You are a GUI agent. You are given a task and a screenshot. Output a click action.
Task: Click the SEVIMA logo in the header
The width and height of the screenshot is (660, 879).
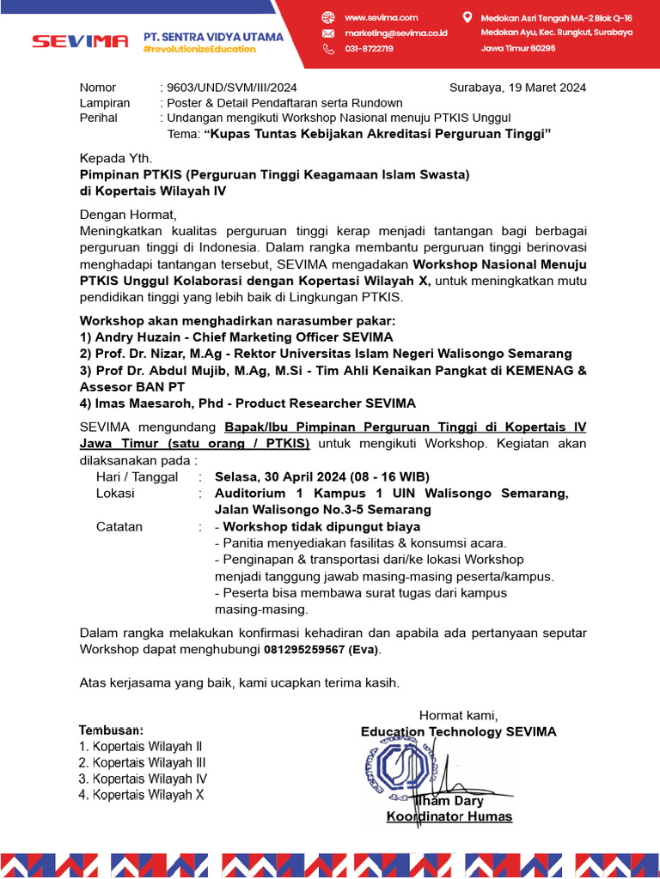(x=80, y=41)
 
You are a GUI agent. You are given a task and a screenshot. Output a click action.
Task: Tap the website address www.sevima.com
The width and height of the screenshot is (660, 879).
(x=381, y=17)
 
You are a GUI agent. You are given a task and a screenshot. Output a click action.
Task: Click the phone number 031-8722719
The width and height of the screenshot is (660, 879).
(x=369, y=49)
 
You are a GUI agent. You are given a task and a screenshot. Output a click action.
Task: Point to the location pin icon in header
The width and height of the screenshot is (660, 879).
(x=467, y=17)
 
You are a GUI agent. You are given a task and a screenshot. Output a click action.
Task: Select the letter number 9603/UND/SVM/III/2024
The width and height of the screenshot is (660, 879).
(x=232, y=88)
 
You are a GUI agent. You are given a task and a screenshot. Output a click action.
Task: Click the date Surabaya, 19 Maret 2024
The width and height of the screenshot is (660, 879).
(x=517, y=88)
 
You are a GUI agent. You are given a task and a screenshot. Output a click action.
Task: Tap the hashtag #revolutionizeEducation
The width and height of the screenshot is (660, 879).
(x=199, y=49)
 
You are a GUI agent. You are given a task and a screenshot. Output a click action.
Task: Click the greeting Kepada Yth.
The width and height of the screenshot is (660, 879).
(x=115, y=158)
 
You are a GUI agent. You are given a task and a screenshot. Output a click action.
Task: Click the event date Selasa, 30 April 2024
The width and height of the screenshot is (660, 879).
(x=282, y=476)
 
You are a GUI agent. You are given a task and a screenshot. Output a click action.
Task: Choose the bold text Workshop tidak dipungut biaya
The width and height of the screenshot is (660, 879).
(x=321, y=526)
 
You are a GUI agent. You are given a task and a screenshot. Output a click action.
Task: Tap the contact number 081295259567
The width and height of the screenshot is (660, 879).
(x=303, y=650)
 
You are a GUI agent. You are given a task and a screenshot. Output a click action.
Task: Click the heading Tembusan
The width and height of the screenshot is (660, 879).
(x=111, y=730)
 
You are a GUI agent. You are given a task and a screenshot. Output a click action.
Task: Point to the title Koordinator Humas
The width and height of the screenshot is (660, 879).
(x=449, y=816)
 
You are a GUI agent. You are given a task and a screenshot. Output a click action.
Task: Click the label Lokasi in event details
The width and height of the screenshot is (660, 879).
(x=115, y=494)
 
